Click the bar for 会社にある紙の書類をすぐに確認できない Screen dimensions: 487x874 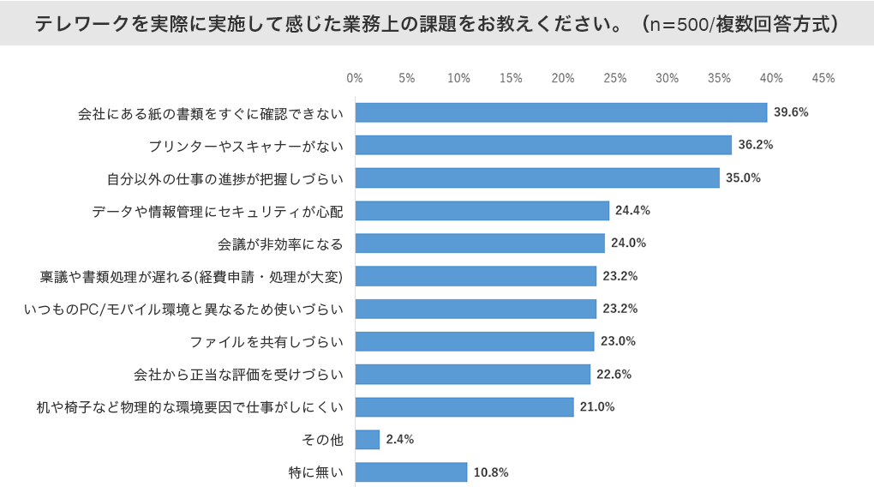[560, 112]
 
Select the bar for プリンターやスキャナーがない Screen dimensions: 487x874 [543, 145]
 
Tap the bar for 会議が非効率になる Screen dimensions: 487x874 [480, 243]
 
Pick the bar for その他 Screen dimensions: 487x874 [367, 439]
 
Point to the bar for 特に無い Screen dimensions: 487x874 [410, 472]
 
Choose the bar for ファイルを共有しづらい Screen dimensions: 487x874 [475, 341]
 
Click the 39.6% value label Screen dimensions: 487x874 [791, 112]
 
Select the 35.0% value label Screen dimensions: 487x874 [743, 177]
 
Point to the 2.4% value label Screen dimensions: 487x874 [400, 439]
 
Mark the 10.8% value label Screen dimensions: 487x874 [491, 472]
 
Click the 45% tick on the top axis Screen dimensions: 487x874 [823, 78]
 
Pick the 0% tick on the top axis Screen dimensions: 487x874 [355, 78]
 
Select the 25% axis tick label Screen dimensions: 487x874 [614, 78]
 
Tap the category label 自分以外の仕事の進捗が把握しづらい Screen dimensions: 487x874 [224, 178]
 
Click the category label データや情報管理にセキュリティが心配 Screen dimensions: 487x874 [217, 211]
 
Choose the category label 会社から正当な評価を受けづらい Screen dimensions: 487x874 [238, 374]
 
